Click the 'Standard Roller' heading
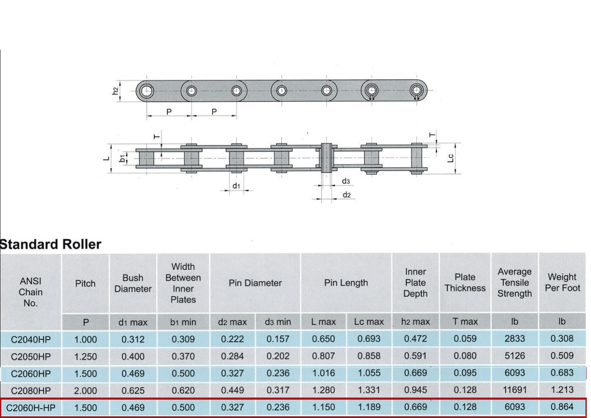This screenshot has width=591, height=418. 50,244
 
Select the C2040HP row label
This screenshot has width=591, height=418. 31,339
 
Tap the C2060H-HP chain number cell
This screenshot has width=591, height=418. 31,408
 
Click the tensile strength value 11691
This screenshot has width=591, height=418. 514,390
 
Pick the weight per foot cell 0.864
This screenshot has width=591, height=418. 562,407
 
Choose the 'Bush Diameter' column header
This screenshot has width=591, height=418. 133,283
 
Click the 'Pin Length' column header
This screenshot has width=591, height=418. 346,283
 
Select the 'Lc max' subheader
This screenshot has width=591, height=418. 369,322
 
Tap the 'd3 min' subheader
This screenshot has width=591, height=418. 278,322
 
